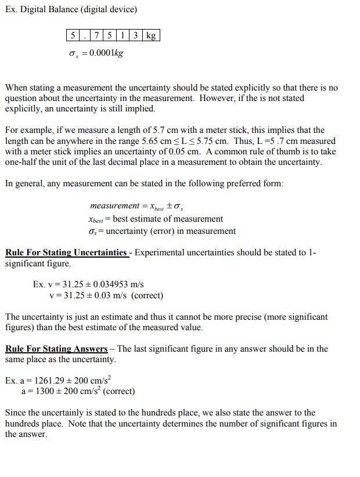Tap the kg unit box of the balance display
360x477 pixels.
point(151,35)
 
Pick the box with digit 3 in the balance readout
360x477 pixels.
point(135,35)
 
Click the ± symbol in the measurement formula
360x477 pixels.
point(170,206)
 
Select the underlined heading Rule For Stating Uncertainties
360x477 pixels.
point(66,253)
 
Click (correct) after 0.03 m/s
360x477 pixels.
point(147,295)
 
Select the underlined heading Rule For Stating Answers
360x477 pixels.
point(56,349)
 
